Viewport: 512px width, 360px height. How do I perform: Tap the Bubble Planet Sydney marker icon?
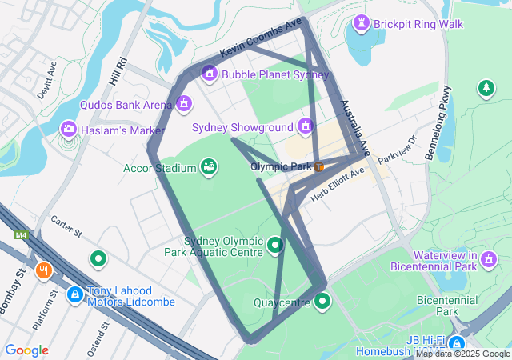click(210, 74)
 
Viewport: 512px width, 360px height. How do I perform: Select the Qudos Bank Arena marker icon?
click(185, 104)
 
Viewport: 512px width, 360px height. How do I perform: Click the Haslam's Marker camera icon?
click(69, 129)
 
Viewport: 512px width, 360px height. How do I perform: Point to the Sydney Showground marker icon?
click(305, 126)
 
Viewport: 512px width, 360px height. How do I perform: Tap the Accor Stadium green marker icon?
click(209, 166)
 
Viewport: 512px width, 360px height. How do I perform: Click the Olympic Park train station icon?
click(318, 167)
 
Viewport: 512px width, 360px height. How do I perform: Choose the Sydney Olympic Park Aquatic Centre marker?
click(275, 245)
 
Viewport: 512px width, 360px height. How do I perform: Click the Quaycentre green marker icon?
click(322, 301)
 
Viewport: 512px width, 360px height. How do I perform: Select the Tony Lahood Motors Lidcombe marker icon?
click(74, 295)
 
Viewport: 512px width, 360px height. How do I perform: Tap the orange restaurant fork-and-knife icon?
click(43, 270)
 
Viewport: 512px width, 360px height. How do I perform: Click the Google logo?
click(26, 350)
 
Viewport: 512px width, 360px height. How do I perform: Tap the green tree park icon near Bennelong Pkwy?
click(486, 88)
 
